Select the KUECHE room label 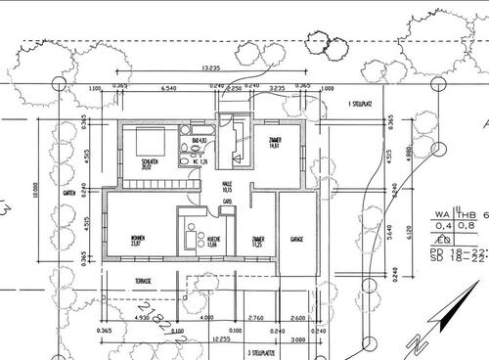pos(211,244)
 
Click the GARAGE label pos(296,239)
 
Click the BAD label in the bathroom pos(198,142)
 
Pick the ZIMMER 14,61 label pos(275,143)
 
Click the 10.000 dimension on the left pos(35,187)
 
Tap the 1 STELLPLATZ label pos(364,104)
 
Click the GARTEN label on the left pos(69,194)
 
